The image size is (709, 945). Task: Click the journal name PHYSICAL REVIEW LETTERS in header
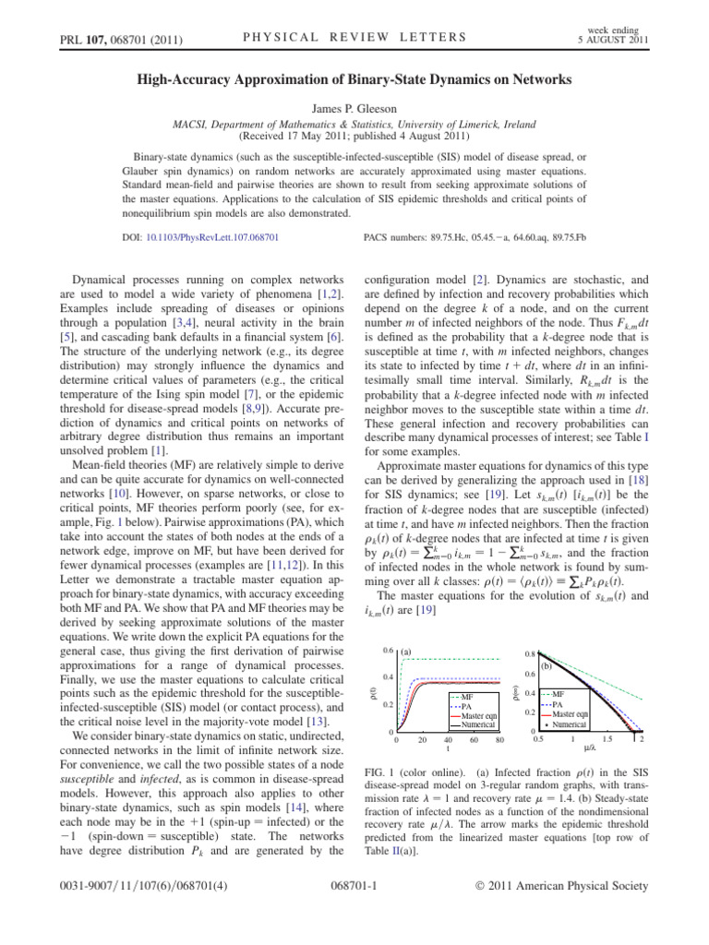point(354,37)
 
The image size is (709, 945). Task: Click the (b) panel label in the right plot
point(546,666)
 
